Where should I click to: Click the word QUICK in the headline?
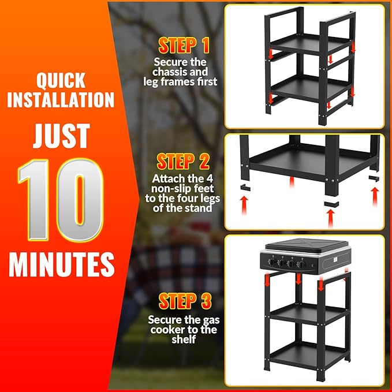pos(61,80)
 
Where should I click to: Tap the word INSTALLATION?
pos(61,100)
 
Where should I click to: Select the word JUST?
pos(61,136)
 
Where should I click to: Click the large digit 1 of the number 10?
pos(35,200)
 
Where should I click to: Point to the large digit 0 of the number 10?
pos(80,200)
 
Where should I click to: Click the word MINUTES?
pos(62,264)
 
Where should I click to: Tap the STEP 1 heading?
pos(184,46)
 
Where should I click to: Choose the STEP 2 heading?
pos(183,162)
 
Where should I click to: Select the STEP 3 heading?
pos(185,301)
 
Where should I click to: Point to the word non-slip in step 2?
pos(172,189)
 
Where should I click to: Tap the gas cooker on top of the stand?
pos(305,256)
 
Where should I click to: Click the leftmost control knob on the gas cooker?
pos(272,262)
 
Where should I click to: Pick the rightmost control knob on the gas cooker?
pos(301,264)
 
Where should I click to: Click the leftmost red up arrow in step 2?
pos(244,206)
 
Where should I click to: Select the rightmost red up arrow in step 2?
pos(375,197)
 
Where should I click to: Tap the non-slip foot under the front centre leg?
pos(331,204)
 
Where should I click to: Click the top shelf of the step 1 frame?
pos(310,43)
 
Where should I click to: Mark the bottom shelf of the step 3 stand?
pos(308,353)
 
